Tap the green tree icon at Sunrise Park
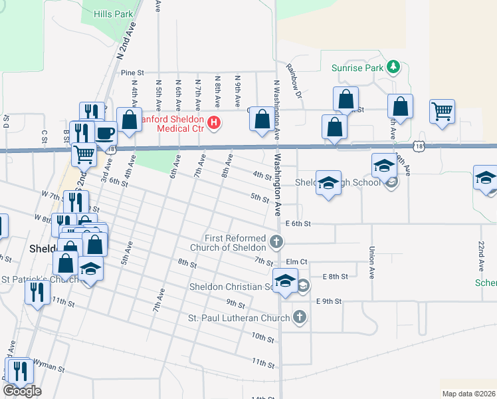(x=394, y=66)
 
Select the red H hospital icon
(x=214, y=122)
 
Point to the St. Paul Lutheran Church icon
(x=300, y=317)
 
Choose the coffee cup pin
(x=104, y=132)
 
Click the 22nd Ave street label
(x=482, y=256)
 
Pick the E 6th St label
(x=298, y=224)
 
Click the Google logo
(x=22, y=391)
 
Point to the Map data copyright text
(x=468, y=394)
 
